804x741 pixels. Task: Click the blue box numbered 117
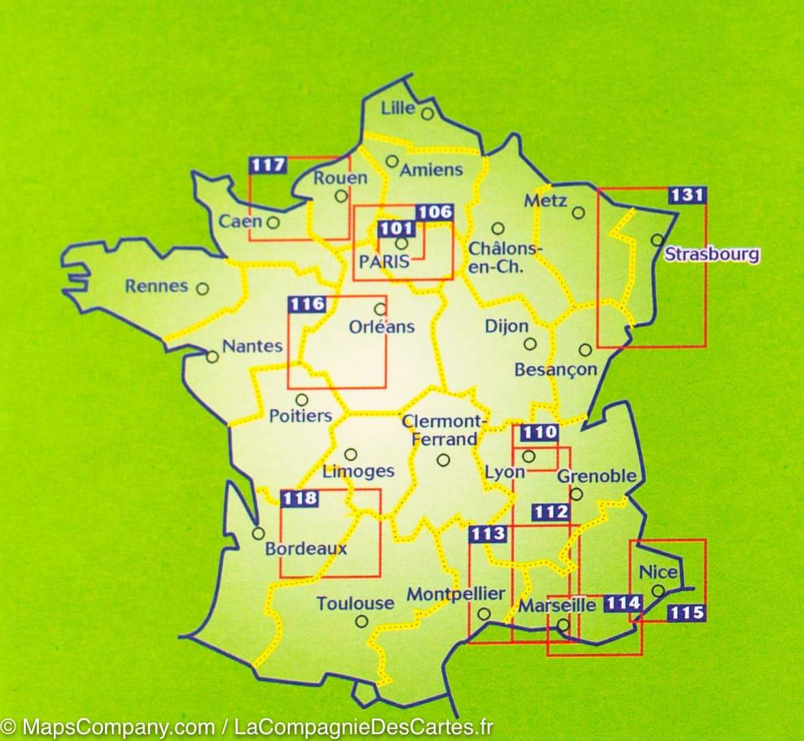pyautogui.click(x=268, y=165)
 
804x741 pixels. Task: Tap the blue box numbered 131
pyautogui.click(x=686, y=195)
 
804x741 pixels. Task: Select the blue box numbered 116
pyautogui.click(x=307, y=304)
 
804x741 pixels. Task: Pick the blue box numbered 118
pyautogui.click(x=299, y=498)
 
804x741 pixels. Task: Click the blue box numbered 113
pyautogui.click(x=488, y=534)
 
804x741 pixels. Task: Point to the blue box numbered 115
pyautogui.click(x=685, y=612)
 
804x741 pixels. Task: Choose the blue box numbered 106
pyautogui.click(x=434, y=212)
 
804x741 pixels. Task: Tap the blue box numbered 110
pyautogui.click(x=539, y=432)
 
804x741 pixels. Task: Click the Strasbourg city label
pyautogui.click(x=711, y=255)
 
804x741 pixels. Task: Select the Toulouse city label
pyautogui.click(x=355, y=603)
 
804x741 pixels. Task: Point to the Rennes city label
pyautogui.click(x=156, y=286)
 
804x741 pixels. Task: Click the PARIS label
pyautogui.click(x=385, y=261)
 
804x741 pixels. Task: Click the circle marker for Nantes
pyautogui.click(x=213, y=357)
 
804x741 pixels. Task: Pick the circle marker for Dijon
pyautogui.click(x=530, y=344)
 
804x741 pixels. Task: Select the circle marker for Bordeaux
pyautogui.click(x=258, y=534)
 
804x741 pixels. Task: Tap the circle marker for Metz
pyautogui.click(x=578, y=213)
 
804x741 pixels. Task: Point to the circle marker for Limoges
pyautogui.click(x=351, y=454)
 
